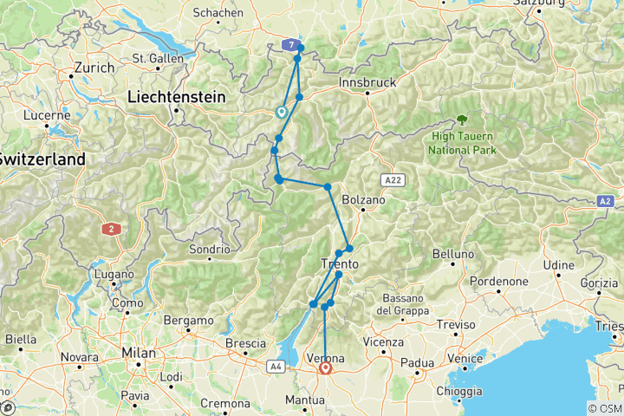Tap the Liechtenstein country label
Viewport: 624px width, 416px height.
(x=174, y=97)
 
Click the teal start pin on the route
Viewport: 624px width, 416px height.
(x=281, y=112)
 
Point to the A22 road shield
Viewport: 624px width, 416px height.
(x=393, y=179)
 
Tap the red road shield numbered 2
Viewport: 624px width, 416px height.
(x=110, y=229)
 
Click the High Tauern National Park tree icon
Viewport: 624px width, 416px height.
(x=460, y=121)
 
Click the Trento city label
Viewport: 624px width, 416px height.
(x=340, y=263)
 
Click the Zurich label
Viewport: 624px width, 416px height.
(x=94, y=67)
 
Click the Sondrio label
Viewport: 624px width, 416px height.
(x=208, y=250)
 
